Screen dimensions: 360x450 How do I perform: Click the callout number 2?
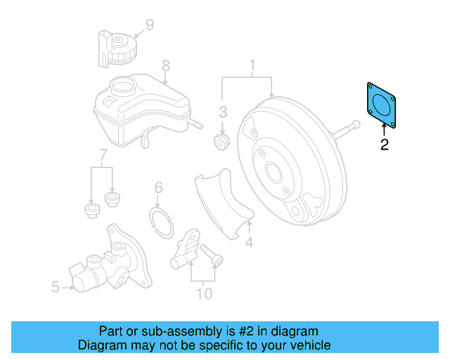pyautogui.click(x=384, y=146)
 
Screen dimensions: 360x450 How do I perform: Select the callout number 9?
pyautogui.click(x=149, y=27)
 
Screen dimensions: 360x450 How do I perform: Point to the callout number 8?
pyautogui.click(x=166, y=66)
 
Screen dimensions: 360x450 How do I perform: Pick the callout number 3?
pyautogui.click(x=222, y=112)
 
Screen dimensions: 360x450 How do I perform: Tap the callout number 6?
pyautogui.click(x=158, y=188)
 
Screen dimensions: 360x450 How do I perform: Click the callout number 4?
pyautogui.click(x=248, y=243)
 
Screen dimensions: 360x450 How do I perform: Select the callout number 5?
pyautogui.click(x=56, y=286)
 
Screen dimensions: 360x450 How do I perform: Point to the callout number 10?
pyautogui.click(x=203, y=293)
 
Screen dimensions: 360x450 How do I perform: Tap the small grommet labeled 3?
pyautogui.click(x=221, y=143)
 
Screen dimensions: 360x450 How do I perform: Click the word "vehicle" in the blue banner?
pyautogui.click(x=307, y=345)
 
